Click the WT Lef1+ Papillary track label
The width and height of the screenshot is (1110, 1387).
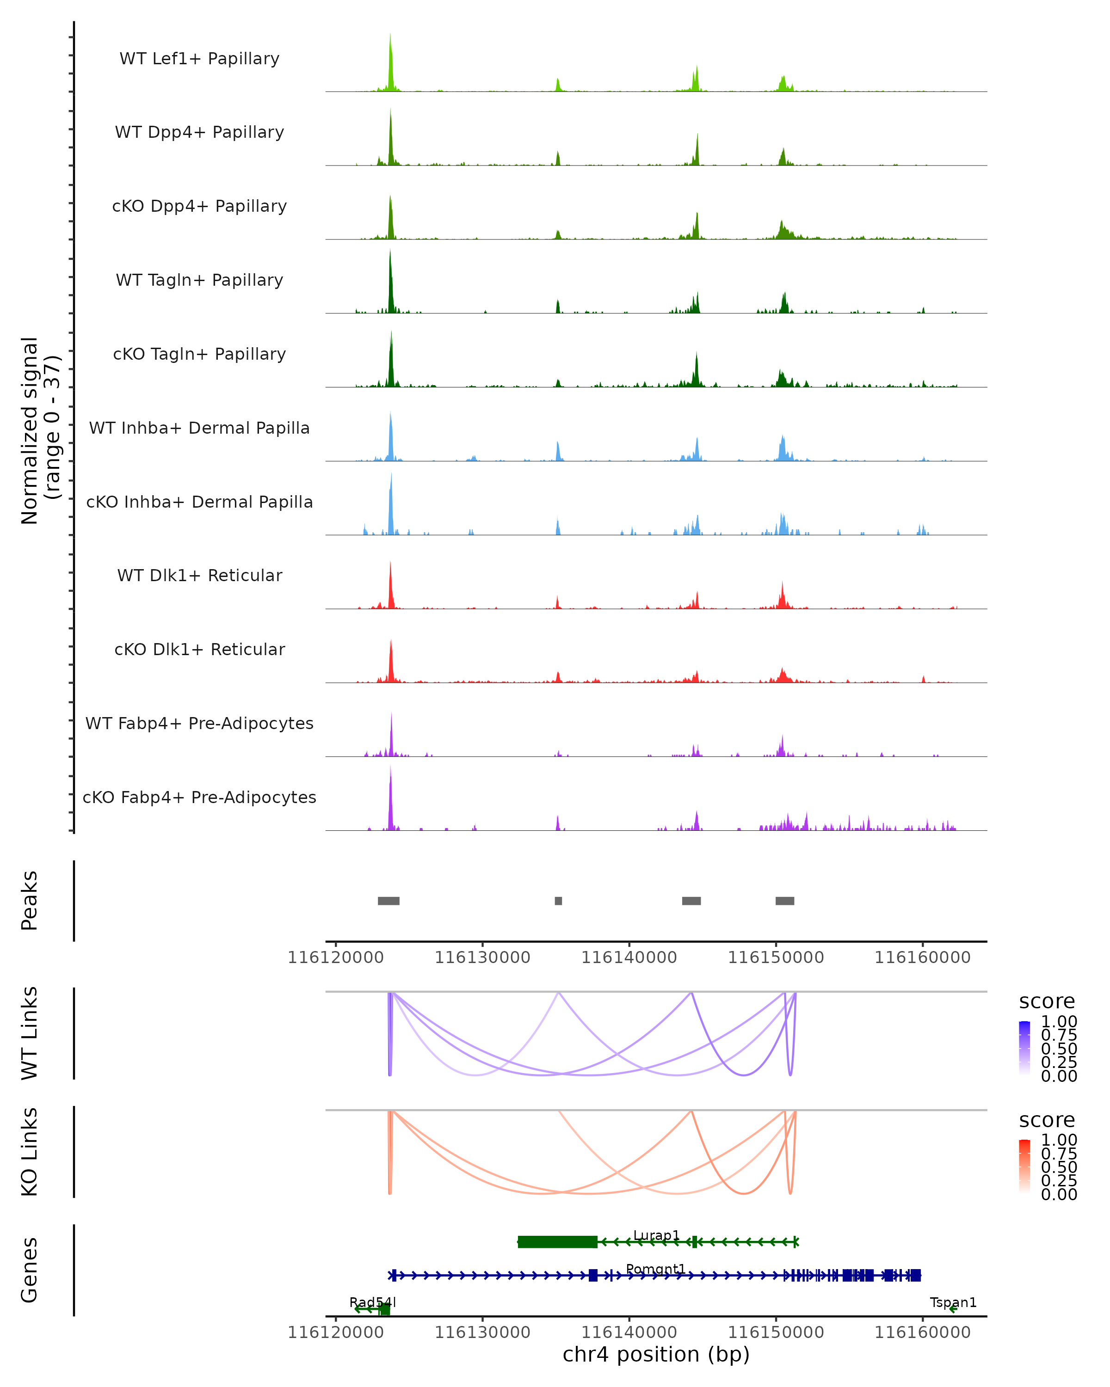click(x=199, y=59)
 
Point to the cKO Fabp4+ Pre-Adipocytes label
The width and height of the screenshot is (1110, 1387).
click(x=199, y=797)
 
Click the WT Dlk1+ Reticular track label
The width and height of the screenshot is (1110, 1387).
click(x=199, y=575)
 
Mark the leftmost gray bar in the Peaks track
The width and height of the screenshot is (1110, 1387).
click(x=388, y=901)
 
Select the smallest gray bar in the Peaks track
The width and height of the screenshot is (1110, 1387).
click(x=559, y=901)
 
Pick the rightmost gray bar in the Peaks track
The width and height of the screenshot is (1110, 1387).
click(x=784, y=901)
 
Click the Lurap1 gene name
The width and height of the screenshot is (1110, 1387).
click(x=656, y=1235)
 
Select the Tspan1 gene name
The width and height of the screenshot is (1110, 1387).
click(x=953, y=1302)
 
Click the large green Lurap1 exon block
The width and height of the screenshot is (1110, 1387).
click(x=557, y=1242)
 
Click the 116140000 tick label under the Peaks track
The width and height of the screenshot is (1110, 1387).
click(x=629, y=957)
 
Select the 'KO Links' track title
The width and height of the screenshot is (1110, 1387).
click(x=30, y=1152)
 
